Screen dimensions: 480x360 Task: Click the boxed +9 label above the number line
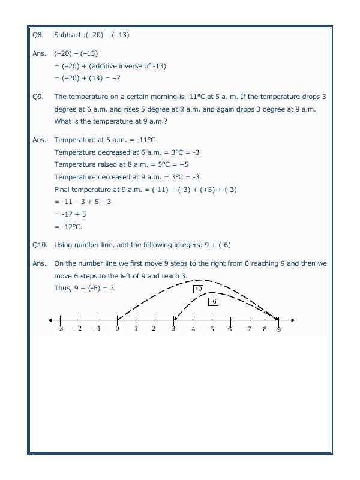198,289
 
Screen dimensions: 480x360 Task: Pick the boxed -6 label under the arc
212,302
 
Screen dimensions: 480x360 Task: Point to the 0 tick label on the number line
117,329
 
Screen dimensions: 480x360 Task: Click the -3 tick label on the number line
59,329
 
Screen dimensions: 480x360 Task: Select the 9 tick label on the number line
278,329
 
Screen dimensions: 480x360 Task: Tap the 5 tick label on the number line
212,329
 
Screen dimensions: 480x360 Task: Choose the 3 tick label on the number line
173,329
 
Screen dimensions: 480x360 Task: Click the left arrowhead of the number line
50,320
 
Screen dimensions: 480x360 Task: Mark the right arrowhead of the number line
292,320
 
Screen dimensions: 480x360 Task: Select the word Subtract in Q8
68,35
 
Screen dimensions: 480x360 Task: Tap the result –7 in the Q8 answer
105,78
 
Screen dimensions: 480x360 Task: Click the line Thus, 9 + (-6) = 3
84,288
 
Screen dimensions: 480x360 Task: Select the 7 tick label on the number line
249,329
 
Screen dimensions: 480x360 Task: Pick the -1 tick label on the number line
97,329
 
